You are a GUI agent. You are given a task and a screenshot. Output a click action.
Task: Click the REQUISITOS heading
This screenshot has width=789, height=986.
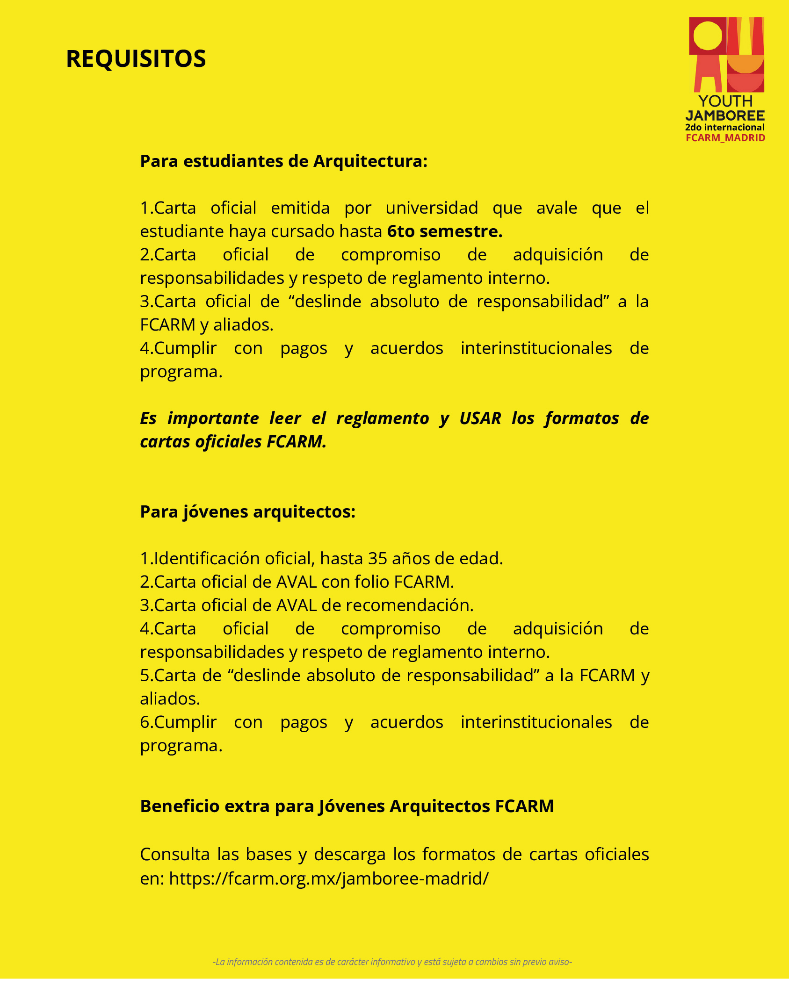(x=136, y=59)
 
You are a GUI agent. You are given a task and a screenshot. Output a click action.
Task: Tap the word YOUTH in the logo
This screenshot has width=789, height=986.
(x=725, y=101)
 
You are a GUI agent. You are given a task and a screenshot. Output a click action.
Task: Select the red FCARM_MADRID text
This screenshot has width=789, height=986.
(x=725, y=138)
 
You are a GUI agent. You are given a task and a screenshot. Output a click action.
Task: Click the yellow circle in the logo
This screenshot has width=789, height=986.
(x=708, y=36)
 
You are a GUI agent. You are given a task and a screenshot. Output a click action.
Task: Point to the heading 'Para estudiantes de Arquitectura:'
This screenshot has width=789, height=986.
(x=283, y=161)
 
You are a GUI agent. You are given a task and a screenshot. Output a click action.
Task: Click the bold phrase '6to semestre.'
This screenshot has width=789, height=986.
(x=445, y=231)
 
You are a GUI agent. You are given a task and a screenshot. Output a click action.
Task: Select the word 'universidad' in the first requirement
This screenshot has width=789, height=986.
(x=432, y=208)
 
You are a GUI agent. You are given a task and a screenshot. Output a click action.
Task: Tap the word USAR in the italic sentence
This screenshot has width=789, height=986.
(x=480, y=418)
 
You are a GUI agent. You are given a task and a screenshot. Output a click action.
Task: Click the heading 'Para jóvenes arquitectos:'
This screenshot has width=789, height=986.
(x=247, y=512)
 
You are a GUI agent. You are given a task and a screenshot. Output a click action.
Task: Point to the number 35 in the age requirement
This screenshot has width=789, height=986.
(x=378, y=559)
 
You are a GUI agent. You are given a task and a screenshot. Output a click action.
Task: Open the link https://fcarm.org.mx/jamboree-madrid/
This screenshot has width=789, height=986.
(x=329, y=878)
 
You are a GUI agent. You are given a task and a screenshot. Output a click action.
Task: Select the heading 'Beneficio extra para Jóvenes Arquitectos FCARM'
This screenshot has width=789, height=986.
(x=347, y=806)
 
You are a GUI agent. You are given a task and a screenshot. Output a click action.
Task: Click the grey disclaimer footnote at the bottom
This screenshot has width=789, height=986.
(x=392, y=962)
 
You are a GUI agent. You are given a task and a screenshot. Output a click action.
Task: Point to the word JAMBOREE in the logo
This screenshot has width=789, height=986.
(x=725, y=115)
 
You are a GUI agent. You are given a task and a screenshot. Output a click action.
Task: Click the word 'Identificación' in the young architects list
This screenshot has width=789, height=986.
(x=207, y=559)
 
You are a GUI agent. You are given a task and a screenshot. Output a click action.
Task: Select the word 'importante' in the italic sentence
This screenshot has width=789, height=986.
(x=213, y=418)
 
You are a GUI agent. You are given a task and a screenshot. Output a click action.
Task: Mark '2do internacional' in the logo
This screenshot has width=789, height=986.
(x=725, y=127)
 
